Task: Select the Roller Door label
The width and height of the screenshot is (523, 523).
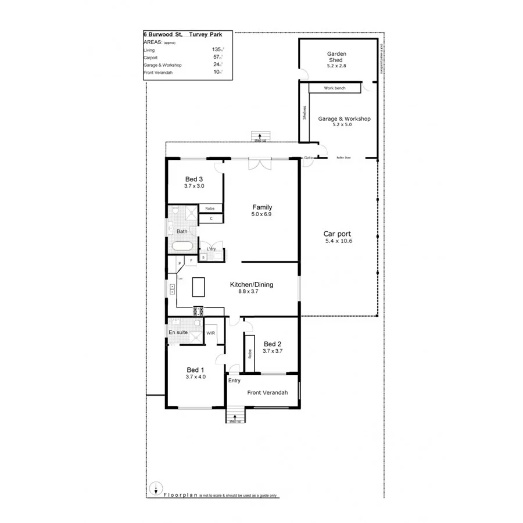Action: [343, 157]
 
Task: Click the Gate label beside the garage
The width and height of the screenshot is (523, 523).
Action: [309, 157]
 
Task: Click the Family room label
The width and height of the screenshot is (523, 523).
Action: [261, 207]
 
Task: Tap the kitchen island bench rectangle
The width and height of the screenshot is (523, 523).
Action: [199, 286]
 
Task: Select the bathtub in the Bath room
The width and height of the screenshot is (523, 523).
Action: [183, 246]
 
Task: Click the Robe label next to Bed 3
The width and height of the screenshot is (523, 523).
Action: [210, 208]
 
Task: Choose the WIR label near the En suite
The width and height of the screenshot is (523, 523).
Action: [210, 333]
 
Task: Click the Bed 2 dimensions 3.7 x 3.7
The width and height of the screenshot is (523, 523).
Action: [272, 351]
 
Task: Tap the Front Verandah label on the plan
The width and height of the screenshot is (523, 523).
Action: [267, 393]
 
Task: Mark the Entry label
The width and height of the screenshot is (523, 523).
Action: [234, 381]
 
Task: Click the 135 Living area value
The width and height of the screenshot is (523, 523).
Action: [217, 50]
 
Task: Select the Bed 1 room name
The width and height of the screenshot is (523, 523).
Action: [195, 370]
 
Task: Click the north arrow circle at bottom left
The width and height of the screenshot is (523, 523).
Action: [155, 489]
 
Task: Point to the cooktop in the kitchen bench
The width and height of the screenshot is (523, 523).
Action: [197, 309]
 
